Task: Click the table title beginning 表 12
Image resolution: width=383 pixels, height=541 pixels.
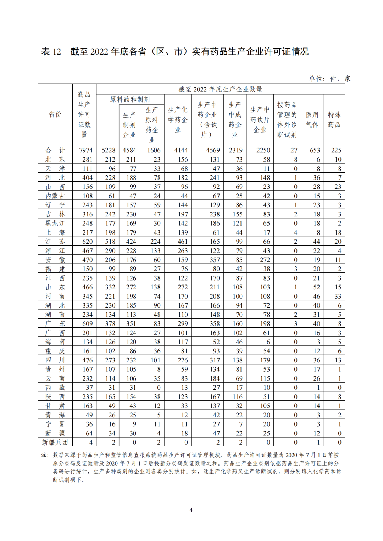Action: (x=175, y=52)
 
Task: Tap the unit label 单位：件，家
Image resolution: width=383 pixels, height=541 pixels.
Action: (x=329, y=79)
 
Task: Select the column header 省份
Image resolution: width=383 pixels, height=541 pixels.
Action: (x=55, y=114)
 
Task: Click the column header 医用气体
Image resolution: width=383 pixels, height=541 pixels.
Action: (x=312, y=119)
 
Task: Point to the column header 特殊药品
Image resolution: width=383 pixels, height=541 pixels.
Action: (x=334, y=119)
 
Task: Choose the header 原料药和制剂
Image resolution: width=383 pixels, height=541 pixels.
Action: (x=130, y=100)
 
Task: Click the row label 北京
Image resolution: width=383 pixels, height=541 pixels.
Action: (x=55, y=159)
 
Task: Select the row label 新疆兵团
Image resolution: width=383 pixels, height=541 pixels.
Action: (x=55, y=442)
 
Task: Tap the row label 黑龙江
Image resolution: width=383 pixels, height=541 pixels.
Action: (x=55, y=223)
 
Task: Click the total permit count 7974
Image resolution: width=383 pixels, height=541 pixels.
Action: (x=86, y=150)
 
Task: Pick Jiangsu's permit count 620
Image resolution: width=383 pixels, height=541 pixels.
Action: (x=87, y=242)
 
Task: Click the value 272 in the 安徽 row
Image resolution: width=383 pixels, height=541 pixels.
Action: (x=265, y=260)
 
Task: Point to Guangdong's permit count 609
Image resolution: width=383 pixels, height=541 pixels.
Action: (x=87, y=323)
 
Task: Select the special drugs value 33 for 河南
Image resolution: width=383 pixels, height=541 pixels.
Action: (x=338, y=296)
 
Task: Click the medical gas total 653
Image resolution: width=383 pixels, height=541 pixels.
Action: (x=315, y=150)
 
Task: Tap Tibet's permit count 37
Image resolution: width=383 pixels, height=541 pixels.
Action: (x=89, y=388)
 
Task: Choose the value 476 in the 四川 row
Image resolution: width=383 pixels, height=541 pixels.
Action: (x=87, y=360)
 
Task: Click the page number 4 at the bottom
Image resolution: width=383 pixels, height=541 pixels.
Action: (x=191, y=510)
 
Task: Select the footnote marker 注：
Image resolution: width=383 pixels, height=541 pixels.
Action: (x=45, y=455)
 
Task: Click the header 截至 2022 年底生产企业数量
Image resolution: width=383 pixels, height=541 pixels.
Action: (x=220, y=89)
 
